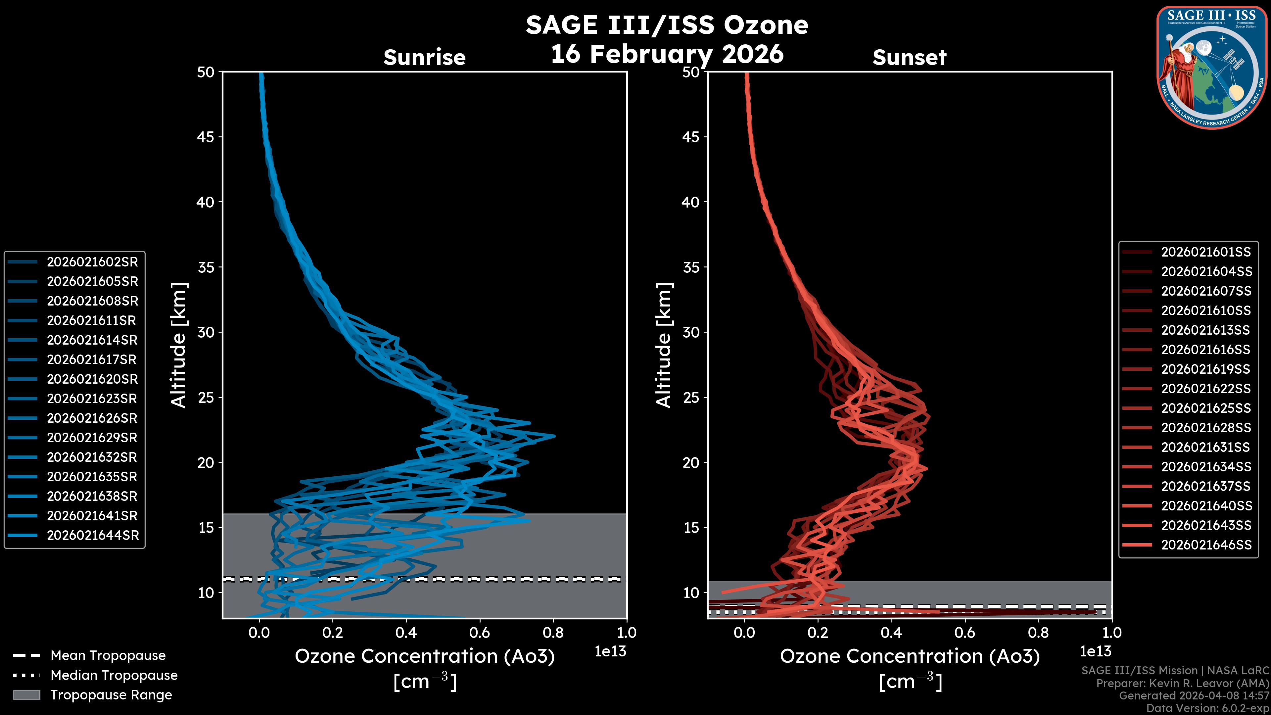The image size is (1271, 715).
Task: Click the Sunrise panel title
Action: click(x=424, y=57)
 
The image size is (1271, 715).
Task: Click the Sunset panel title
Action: click(x=909, y=57)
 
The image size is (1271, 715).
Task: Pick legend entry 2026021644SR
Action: click(x=93, y=535)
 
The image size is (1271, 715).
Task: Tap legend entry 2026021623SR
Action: click(x=92, y=399)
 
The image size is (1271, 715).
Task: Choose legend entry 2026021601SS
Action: click(x=1206, y=252)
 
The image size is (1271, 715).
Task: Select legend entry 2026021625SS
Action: click(x=1206, y=408)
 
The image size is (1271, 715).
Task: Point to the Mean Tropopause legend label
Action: click(x=108, y=656)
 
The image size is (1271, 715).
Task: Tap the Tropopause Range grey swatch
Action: click(x=26, y=695)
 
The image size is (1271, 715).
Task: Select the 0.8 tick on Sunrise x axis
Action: click(x=553, y=633)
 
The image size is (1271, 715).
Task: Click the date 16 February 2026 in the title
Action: click(x=667, y=54)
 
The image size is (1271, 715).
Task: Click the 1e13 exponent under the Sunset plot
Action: click(x=1095, y=651)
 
